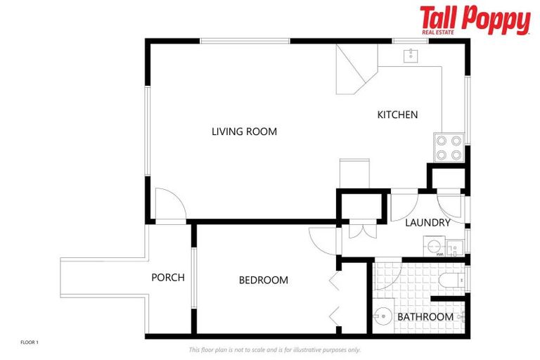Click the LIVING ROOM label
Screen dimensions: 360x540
pyautogui.click(x=244, y=131)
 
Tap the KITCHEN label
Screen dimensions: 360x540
pyautogui.click(x=397, y=115)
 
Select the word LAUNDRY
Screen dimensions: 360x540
pyautogui.click(x=427, y=223)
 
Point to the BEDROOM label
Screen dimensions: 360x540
pyautogui.click(x=263, y=280)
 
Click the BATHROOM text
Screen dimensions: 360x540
pyautogui.click(x=425, y=317)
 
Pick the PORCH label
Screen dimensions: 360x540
pyautogui.click(x=168, y=278)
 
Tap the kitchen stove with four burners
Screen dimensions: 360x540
pyautogui.click(x=448, y=148)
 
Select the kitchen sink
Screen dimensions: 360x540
pyautogui.click(x=411, y=55)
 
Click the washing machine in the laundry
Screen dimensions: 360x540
pyautogui.click(x=434, y=247)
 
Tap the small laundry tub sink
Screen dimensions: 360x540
pyautogui.click(x=454, y=247)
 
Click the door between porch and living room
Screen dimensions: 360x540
pyautogui.click(x=169, y=205)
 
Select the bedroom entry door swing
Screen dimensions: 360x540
pyautogui.click(x=321, y=241)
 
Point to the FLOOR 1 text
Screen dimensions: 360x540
pyautogui.click(x=30, y=342)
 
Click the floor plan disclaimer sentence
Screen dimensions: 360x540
pyautogui.click(x=274, y=349)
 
